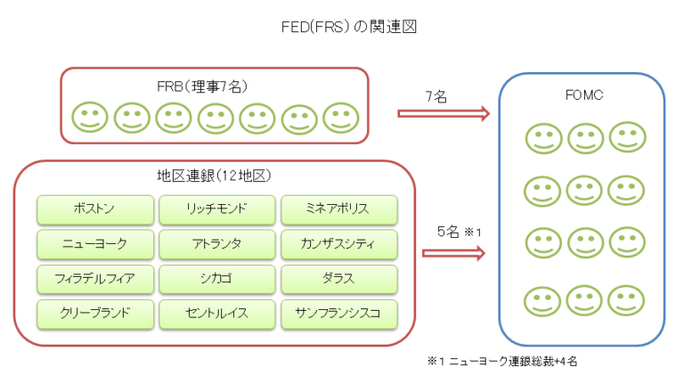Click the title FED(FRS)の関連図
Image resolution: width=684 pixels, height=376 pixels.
343,27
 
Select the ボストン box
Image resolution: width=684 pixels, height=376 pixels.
94,210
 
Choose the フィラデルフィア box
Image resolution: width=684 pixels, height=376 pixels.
94,278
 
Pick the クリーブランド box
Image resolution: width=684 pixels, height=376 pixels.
94,313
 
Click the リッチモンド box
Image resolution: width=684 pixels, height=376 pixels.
216,210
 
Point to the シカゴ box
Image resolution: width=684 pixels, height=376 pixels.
216,278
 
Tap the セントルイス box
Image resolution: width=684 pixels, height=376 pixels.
216,313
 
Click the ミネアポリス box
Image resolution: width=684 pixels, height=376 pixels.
338,210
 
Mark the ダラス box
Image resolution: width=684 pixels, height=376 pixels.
338,278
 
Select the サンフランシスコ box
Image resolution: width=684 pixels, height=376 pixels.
338,313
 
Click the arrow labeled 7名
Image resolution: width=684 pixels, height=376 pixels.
443,113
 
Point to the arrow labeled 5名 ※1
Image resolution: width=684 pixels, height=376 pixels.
452,253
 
